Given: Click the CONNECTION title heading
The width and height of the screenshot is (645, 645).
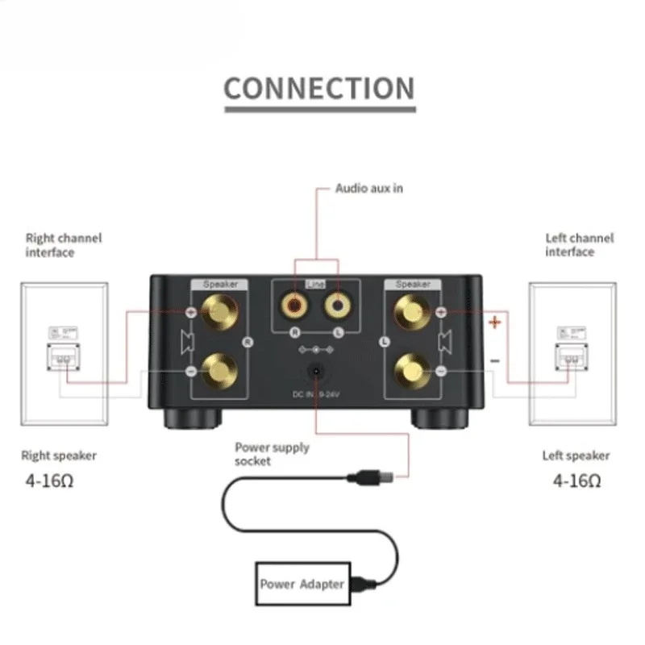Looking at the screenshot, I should (318, 88).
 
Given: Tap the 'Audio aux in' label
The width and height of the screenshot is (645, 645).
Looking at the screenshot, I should (368, 189).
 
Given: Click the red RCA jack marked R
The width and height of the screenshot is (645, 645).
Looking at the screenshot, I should (293, 306).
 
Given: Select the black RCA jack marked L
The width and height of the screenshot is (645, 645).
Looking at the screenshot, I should (336, 306).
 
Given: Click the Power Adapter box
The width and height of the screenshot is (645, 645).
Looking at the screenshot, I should (302, 584).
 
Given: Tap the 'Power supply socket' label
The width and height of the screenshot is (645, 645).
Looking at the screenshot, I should (272, 454).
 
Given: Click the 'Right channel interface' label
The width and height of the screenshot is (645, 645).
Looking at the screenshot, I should (64, 245).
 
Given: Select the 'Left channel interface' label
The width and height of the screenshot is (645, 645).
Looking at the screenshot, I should (579, 245).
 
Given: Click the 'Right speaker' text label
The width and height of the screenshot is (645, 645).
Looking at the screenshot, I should (59, 456).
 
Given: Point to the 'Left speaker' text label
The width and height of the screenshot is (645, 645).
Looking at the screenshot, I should (576, 456).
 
